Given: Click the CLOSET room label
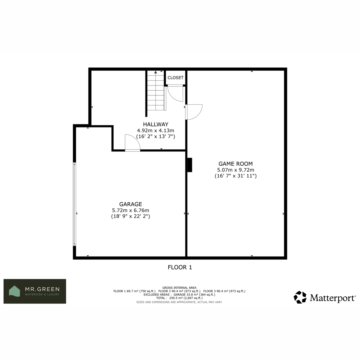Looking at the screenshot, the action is pyautogui.click(x=175, y=78).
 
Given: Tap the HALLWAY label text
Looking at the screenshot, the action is pyautogui.click(x=156, y=124).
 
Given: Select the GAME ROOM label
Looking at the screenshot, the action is pyautogui.click(x=235, y=164).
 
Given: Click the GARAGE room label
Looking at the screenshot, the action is pyautogui.click(x=130, y=204).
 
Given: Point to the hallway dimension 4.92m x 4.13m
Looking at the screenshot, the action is pyautogui.click(x=156, y=130).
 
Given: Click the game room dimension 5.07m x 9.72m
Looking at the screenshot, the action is pyautogui.click(x=235, y=170).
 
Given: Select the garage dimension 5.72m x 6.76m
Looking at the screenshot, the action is pyautogui.click(x=130, y=210).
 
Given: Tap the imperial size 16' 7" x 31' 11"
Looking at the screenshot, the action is pyautogui.click(x=235, y=176).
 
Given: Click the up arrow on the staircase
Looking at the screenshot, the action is pyautogui.click(x=156, y=72).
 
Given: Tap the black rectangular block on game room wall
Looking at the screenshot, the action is pyautogui.click(x=190, y=165).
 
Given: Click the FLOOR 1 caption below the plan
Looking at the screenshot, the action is pyautogui.click(x=180, y=268).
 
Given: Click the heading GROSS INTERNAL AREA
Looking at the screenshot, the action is pyautogui.click(x=179, y=288).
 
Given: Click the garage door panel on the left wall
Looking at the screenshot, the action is pyautogui.click(x=74, y=204).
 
